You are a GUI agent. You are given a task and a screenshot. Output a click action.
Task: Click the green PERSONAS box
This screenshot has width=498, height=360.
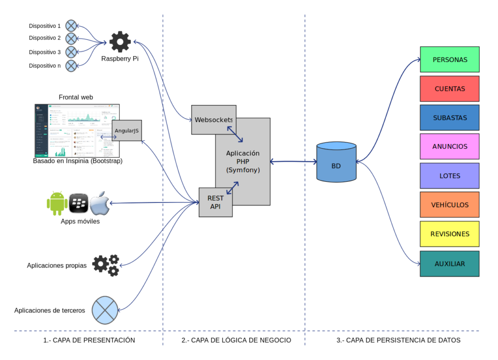[x=450, y=60]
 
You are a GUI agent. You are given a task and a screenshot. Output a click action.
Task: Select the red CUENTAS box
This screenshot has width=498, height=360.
[x=450, y=89]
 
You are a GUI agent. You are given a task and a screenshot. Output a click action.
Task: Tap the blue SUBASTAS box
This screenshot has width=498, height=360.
[x=450, y=118]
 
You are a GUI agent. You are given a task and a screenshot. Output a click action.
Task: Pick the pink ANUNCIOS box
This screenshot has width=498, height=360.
[x=450, y=147]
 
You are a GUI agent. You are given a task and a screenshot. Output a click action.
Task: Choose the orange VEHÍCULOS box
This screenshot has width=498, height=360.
[x=450, y=205]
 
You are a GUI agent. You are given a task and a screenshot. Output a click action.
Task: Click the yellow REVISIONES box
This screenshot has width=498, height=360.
[x=450, y=234]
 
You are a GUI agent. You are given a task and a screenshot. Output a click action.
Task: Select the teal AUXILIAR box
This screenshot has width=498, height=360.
[x=450, y=264]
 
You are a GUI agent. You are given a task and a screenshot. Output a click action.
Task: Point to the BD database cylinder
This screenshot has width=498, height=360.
[x=336, y=162]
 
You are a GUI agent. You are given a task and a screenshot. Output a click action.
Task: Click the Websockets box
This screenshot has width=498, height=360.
[x=213, y=120]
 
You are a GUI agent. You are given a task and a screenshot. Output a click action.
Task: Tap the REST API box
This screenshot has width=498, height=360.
[x=215, y=202]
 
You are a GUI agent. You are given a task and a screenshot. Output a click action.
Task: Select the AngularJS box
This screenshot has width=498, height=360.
[x=127, y=131]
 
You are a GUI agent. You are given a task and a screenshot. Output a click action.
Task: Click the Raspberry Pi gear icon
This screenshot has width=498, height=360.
[x=120, y=42]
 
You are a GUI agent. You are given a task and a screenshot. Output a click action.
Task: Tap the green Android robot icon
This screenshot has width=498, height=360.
[x=57, y=203]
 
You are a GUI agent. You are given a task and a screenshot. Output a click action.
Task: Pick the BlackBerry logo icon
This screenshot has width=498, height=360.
[x=78, y=203]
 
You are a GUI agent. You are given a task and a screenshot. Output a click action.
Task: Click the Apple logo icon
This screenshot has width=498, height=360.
[x=99, y=203]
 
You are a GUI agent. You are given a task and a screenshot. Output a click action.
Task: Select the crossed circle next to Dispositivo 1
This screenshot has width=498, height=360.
[x=71, y=25]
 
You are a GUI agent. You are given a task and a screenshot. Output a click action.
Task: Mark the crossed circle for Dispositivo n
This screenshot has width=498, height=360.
[x=71, y=65]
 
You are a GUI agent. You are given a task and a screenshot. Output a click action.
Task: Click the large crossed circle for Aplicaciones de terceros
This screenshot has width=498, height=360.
[x=104, y=310]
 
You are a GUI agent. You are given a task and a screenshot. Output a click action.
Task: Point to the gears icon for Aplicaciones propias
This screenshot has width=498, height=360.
[x=106, y=265]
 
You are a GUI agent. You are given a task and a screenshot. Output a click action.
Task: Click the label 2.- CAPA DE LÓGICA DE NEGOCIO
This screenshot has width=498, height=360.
[x=236, y=340]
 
